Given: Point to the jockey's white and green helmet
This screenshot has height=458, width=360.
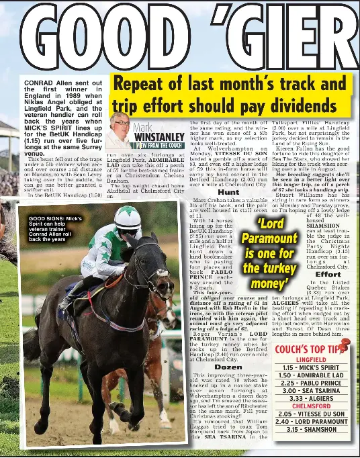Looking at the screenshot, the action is [128, 218].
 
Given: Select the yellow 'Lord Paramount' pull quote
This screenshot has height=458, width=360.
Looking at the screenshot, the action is [269, 253].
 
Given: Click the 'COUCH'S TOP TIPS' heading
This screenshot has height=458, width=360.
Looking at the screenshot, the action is [310, 349].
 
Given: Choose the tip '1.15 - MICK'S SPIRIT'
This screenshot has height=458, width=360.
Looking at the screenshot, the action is [311, 368].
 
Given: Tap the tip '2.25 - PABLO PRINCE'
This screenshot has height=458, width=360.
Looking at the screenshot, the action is [311, 383].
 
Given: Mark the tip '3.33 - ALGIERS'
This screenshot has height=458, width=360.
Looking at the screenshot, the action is [311, 398].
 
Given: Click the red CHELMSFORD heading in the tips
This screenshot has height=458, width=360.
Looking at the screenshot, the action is [311, 406].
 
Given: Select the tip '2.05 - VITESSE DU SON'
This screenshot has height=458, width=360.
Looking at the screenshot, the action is [311, 414].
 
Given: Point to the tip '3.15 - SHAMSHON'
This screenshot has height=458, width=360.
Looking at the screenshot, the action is [311, 429].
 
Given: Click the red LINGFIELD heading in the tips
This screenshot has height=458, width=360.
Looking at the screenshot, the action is [311, 360].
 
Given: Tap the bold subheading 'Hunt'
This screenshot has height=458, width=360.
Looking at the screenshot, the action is [228, 192].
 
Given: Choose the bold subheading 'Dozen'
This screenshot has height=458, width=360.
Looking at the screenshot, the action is [229, 367].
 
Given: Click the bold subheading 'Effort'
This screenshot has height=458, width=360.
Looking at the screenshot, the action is [327, 274].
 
